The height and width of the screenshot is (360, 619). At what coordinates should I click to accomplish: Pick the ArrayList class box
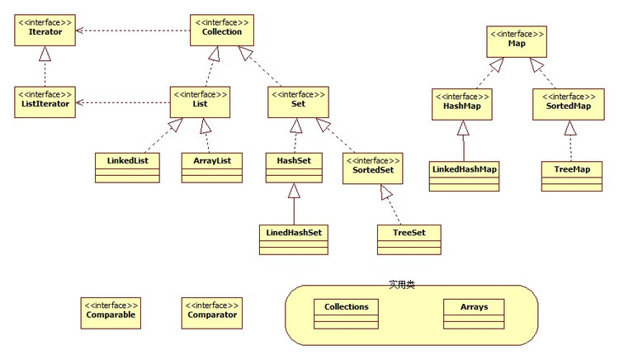pyautogui.click(x=212, y=166)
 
